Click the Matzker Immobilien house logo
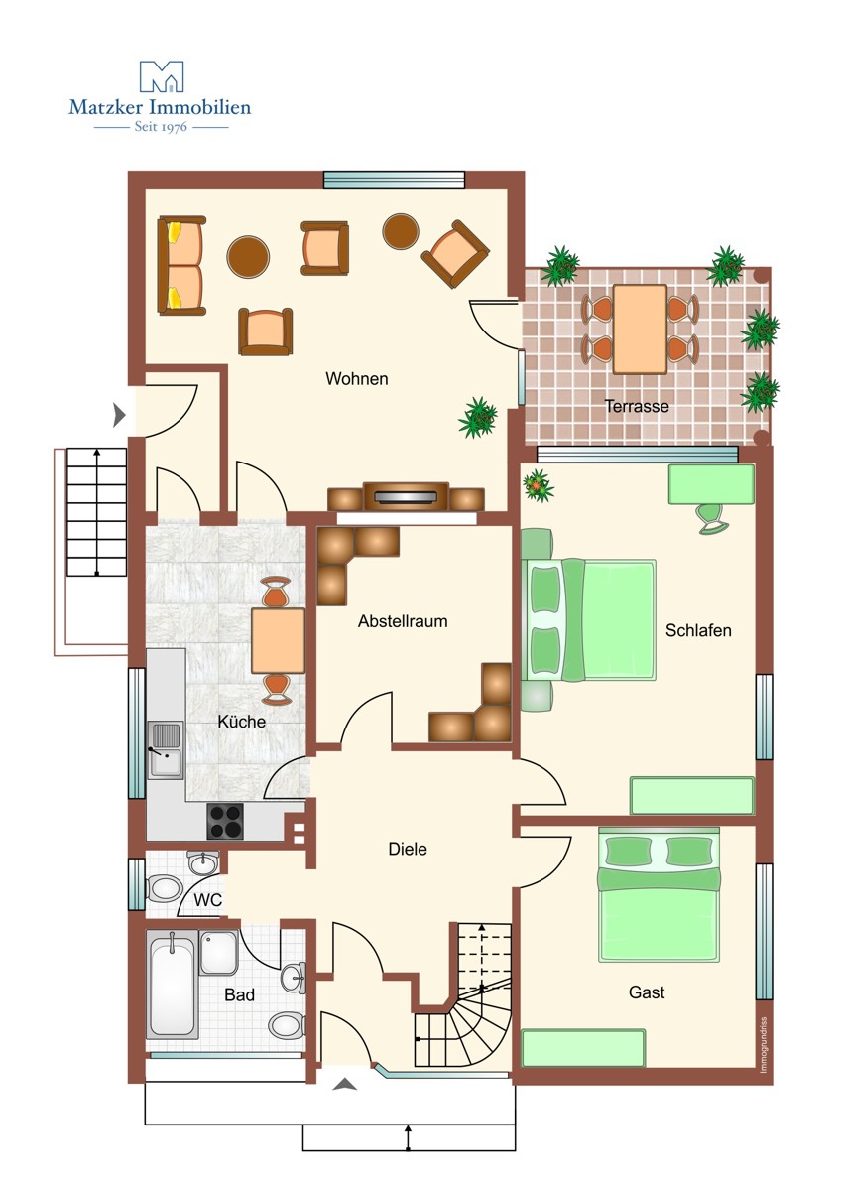pyautogui.click(x=162, y=76)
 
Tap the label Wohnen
pyautogui.click(x=356, y=378)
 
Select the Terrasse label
pyautogui.click(x=637, y=406)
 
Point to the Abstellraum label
pyautogui.click(x=403, y=621)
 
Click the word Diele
pyautogui.click(x=408, y=849)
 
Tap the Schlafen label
pyautogui.click(x=698, y=630)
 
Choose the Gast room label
pyautogui.click(x=647, y=992)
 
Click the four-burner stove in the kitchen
pyautogui.click(x=225, y=821)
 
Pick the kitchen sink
pyautogui.click(x=166, y=749)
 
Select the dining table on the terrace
pyautogui.click(x=640, y=330)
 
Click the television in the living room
pyautogui.click(x=406, y=496)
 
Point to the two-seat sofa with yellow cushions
pyautogui.click(x=181, y=265)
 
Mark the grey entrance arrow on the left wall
pyautogui.click(x=119, y=414)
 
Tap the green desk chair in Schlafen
pyautogui.click(x=712, y=518)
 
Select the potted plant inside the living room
pyautogui.click(x=478, y=418)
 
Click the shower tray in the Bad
pyautogui.click(x=218, y=952)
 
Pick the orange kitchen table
pyautogui.click(x=278, y=641)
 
